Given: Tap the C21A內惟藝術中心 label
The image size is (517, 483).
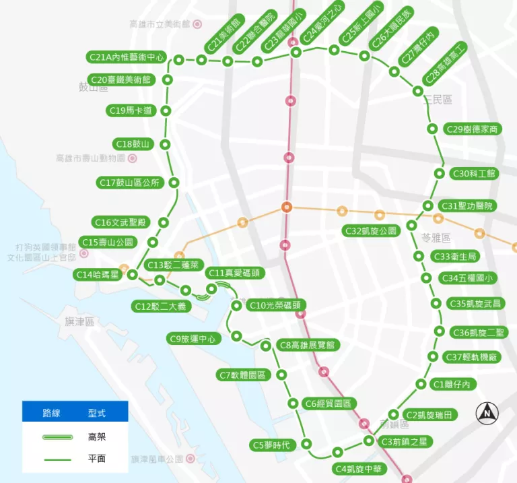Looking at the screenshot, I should point(126,57).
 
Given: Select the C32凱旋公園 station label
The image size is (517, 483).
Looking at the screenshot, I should point(372,230).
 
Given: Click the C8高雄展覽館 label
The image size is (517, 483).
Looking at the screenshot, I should point(309,345).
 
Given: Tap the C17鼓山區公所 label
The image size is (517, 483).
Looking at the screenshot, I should point(129,183).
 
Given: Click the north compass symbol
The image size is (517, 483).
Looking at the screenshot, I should point(487,412).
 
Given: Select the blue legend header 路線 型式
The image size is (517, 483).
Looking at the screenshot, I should point(74,412).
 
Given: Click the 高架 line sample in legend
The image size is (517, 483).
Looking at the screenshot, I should point(58,437).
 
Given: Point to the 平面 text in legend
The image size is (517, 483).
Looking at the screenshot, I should point(97,459).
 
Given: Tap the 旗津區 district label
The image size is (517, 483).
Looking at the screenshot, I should point(79,322).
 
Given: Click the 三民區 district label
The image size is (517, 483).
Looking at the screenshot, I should point(438,100).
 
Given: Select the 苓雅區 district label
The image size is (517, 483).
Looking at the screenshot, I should point(436,238).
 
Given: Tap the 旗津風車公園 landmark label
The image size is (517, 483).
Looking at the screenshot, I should point(158,459).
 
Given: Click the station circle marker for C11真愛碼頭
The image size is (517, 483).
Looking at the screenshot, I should point(212,288).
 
